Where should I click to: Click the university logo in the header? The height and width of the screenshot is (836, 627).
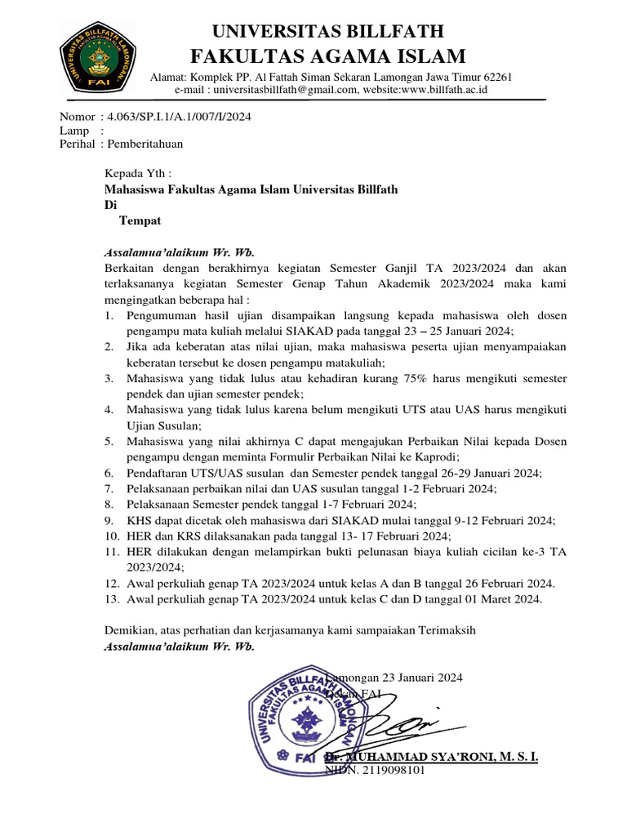coord(96,58)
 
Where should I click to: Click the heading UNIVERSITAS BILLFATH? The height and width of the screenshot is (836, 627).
coord(328,32)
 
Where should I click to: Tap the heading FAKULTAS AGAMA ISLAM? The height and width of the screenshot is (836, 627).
coord(328,56)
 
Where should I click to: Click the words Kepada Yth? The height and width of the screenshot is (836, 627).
coord(139,174)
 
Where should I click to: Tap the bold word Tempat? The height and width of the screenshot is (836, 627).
coord(140,220)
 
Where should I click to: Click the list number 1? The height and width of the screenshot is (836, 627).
coord(109,315)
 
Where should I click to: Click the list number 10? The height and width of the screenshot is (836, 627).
coord(113,536)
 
